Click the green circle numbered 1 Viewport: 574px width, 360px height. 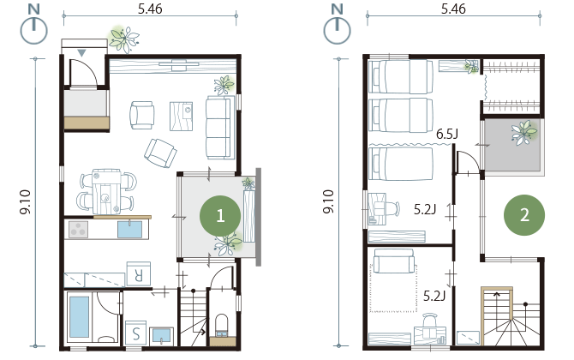pos(220,216)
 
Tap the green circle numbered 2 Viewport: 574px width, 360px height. pos(524,215)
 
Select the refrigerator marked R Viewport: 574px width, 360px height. pos(139,274)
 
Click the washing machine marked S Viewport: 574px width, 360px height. pos(136,333)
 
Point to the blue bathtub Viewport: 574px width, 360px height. pos(79,317)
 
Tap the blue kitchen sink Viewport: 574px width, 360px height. pos(129,229)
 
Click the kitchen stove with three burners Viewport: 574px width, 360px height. pos(78,229)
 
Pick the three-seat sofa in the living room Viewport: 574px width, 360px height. pos(219,128)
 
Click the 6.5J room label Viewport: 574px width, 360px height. pos(447,135)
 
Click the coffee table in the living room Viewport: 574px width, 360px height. pos(182,116)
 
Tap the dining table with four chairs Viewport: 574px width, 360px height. pos(106,191)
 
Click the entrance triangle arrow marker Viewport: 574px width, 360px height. pos(81,53)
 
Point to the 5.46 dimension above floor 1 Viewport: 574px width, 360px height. pos(150,9)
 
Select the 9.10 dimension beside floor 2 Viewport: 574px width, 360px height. pos(328,201)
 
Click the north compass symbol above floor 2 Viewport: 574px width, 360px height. pos(337,25)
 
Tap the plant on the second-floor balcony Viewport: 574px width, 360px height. pos(524,132)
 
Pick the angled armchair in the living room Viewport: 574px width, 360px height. pos(160,153)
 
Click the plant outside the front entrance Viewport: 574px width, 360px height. pos(124,39)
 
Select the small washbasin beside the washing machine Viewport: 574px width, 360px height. pos(161,336)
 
